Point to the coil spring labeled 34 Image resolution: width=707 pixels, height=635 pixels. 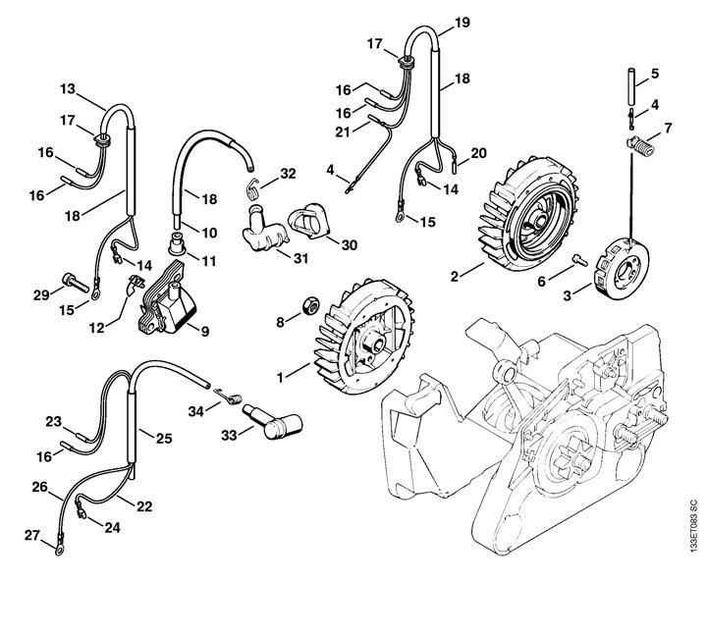click(x=229, y=397)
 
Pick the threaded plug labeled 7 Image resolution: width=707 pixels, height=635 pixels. click(x=640, y=146)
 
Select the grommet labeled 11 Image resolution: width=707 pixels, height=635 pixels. click(x=177, y=243)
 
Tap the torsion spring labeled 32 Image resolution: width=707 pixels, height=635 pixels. click(x=253, y=187)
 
